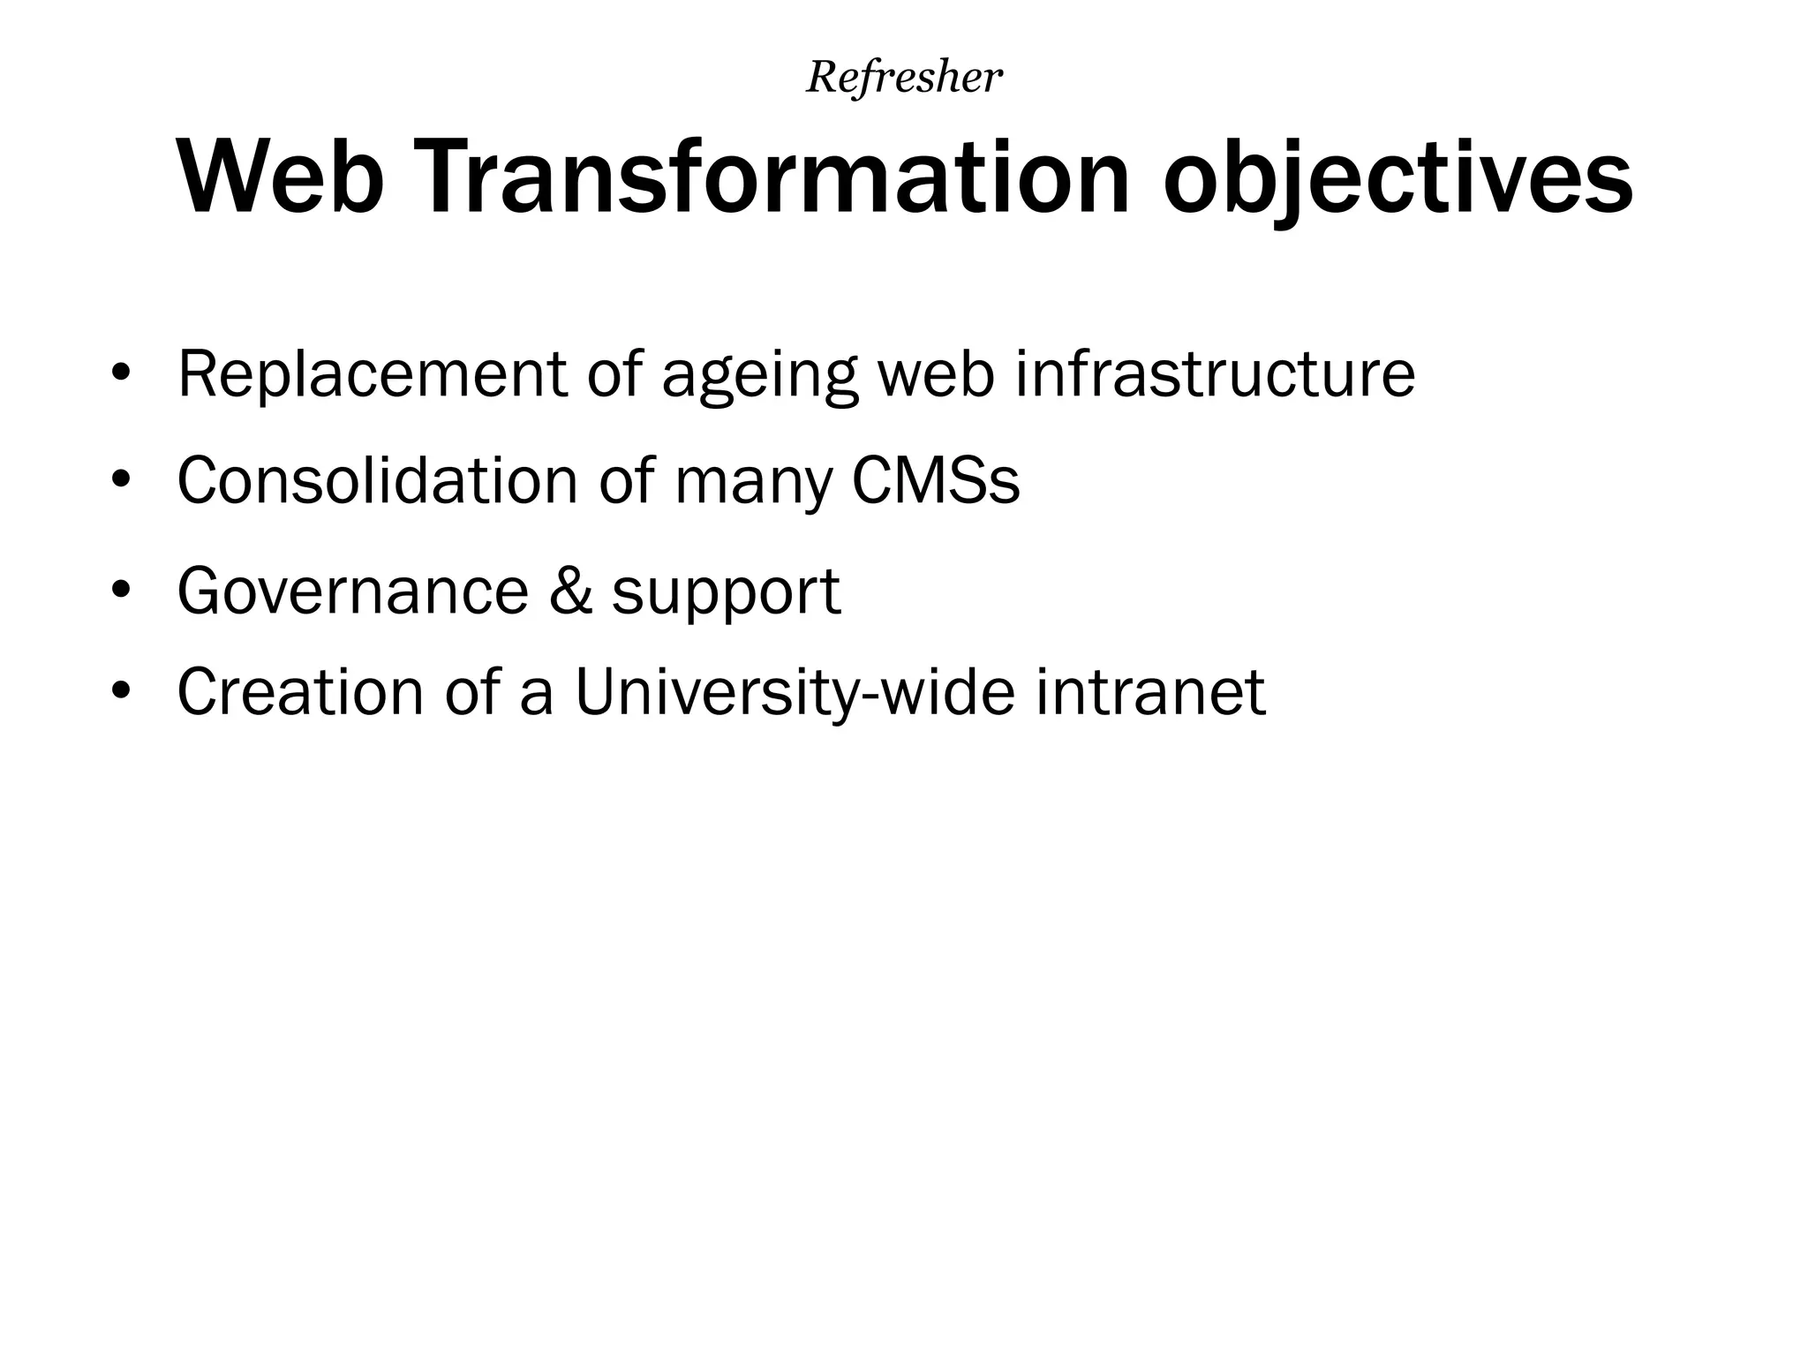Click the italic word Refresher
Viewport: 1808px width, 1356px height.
pyautogui.click(x=904, y=78)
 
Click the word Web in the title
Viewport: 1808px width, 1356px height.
pyautogui.click(x=281, y=179)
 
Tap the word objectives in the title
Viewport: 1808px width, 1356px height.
pyautogui.click(x=1397, y=179)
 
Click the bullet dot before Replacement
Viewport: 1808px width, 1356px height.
pyautogui.click(x=121, y=373)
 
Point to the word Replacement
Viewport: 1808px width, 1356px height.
pyautogui.click(x=372, y=375)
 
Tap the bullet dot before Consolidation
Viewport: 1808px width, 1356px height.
pyautogui.click(x=121, y=479)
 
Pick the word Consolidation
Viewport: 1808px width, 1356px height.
pyautogui.click(x=377, y=481)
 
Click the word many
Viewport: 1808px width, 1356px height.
pyautogui.click(x=753, y=485)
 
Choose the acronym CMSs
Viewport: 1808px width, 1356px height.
pyautogui.click(x=936, y=481)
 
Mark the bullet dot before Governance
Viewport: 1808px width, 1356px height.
pyautogui.click(x=121, y=588)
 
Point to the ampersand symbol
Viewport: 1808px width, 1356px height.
pyautogui.click(x=570, y=590)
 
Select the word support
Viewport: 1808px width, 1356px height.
pyautogui.click(x=726, y=593)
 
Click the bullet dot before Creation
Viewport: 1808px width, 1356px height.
pyautogui.click(x=121, y=689)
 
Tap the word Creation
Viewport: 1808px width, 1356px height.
pyautogui.click(x=301, y=691)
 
